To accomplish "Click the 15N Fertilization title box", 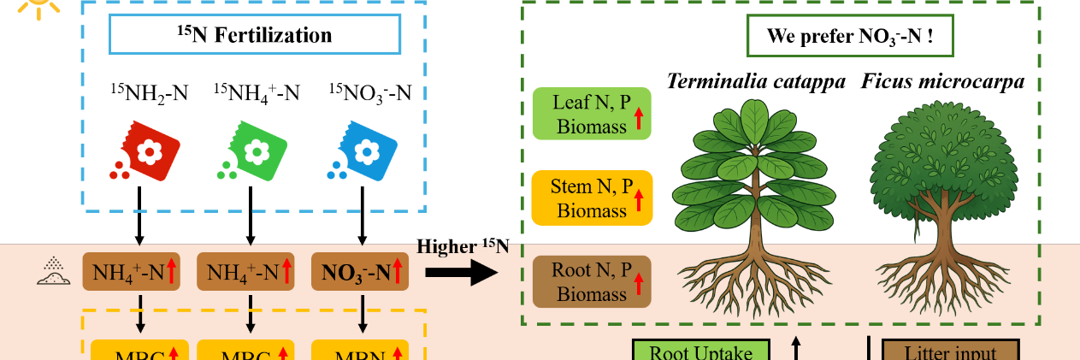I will click(254, 35).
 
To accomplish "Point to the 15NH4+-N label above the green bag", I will click(257, 92).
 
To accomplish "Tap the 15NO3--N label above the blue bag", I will click(369, 92).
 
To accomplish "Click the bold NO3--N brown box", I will click(360, 272).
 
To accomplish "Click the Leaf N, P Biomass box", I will click(592, 114).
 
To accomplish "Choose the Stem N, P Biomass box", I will click(592, 198).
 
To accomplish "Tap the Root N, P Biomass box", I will click(592, 281).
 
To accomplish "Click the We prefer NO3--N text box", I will click(849, 37).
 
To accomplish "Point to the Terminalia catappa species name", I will click(756, 82).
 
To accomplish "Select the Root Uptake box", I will click(701, 351).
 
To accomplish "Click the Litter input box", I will click(950, 351).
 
